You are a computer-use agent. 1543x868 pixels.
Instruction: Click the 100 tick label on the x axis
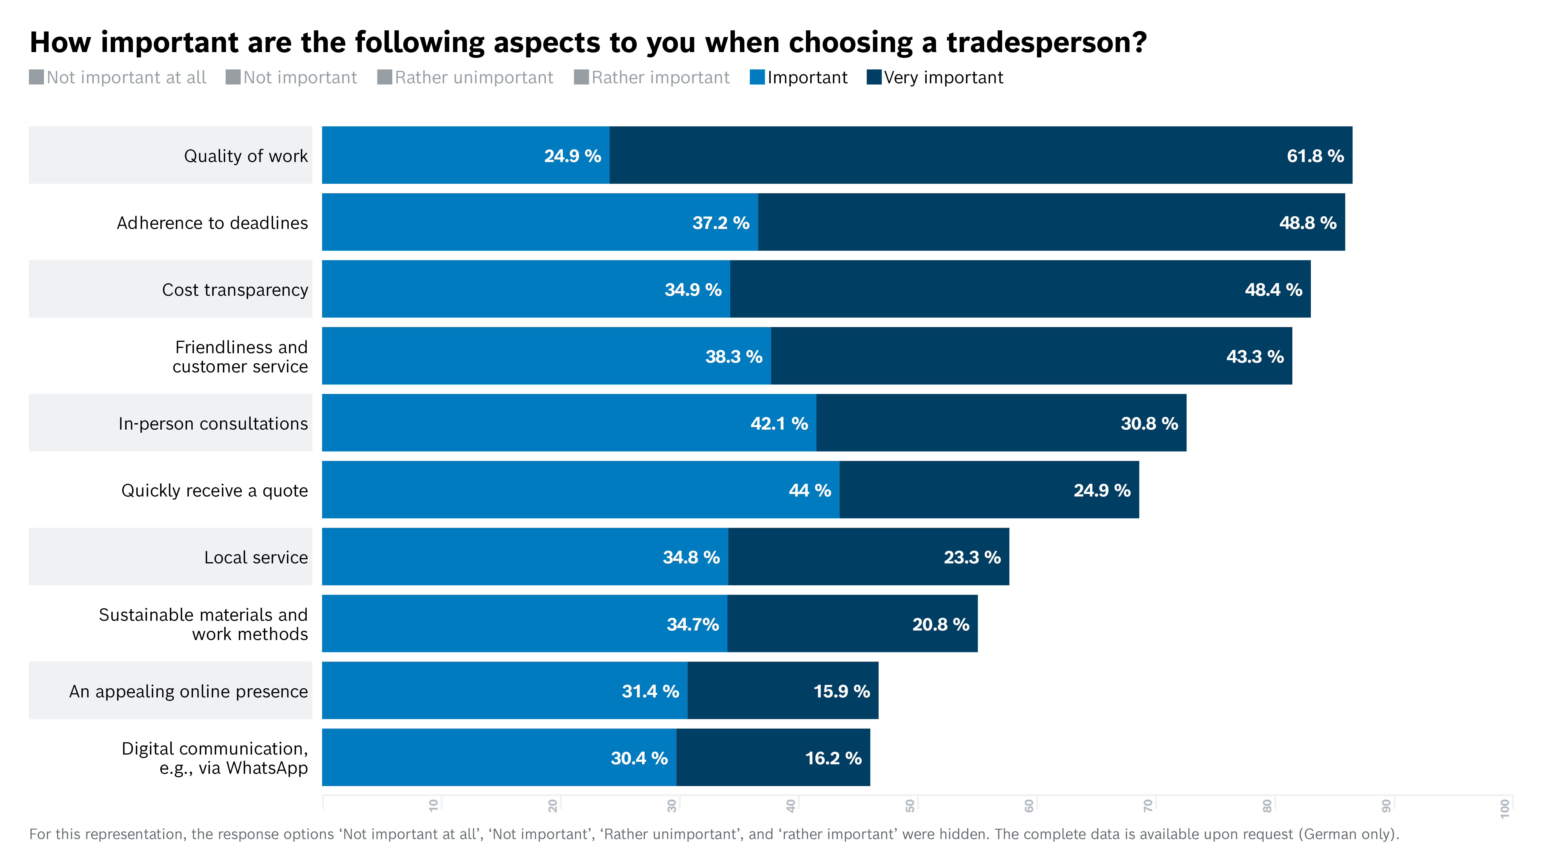pyautogui.click(x=1505, y=808)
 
